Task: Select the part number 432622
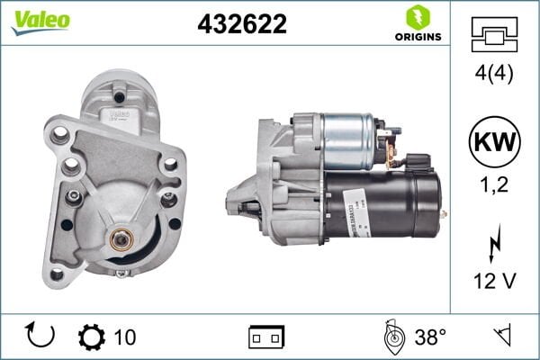[241, 24]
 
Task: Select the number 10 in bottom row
[125, 337]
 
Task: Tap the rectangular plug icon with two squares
[266, 337]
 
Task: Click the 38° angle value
[430, 337]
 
